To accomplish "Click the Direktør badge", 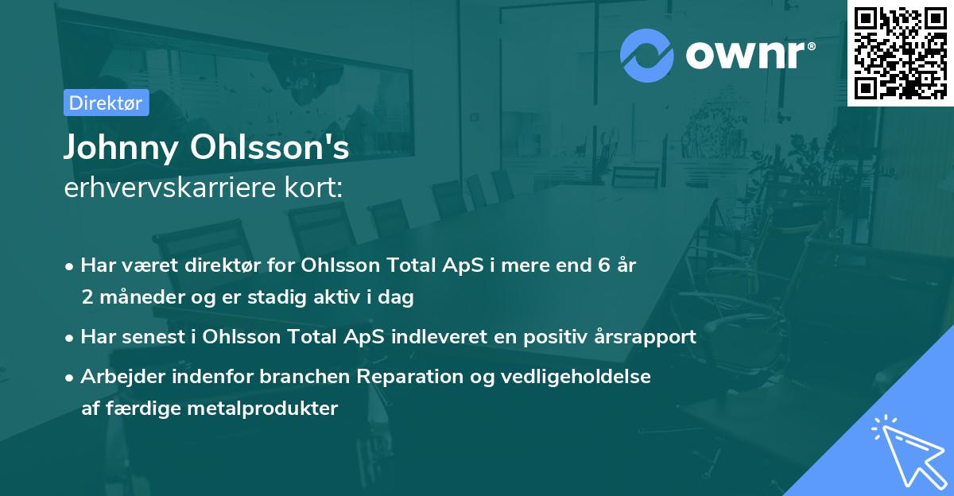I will pyautogui.click(x=106, y=103).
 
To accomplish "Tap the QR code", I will pyautogui.click(x=900, y=52).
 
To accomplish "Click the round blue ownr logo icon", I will pyautogui.click(x=647, y=55).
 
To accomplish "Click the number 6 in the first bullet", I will pyautogui.click(x=605, y=265).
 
